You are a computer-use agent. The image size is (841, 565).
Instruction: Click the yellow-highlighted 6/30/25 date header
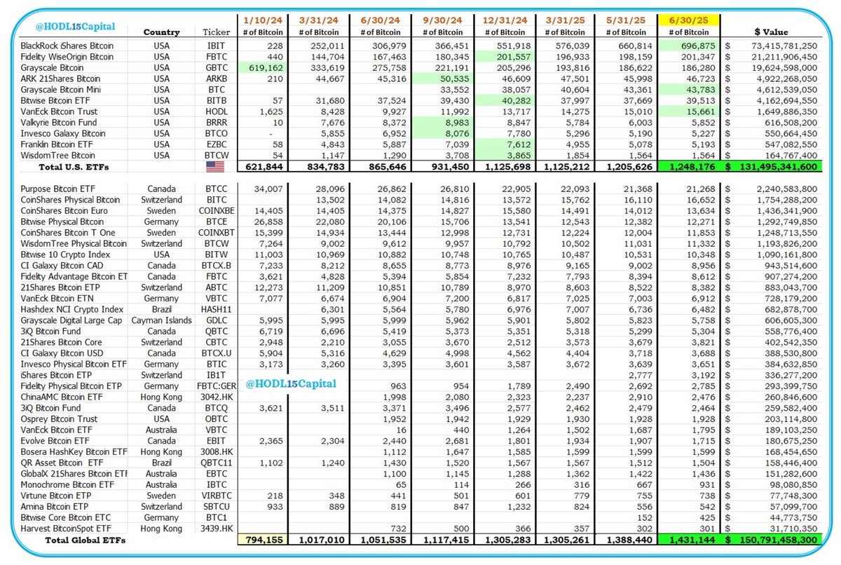tap(688, 20)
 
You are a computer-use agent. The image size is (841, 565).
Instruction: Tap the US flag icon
tap(215, 167)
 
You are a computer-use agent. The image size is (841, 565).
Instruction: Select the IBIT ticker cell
tap(216, 46)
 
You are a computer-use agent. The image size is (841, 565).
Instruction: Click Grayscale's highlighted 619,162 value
tap(266, 68)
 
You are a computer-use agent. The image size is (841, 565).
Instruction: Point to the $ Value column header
tap(771, 32)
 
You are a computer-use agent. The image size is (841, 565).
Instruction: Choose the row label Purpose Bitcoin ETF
tap(57, 189)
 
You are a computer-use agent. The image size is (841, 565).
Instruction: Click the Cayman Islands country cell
tap(161, 320)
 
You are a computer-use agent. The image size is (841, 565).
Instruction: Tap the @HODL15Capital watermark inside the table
tap(291, 383)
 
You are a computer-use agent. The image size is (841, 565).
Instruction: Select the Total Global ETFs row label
tap(86, 540)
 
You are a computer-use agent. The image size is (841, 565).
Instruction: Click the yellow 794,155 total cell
tap(264, 540)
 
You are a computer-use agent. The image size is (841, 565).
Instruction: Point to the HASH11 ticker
tap(217, 309)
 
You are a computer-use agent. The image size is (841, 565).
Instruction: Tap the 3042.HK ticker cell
tap(217, 397)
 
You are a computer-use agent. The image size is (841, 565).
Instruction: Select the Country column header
tap(161, 32)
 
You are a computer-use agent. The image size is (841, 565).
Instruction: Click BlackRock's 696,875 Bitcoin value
tap(698, 46)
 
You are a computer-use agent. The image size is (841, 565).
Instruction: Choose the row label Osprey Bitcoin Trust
tap(59, 419)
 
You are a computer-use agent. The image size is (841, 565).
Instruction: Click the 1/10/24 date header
tap(262, 20)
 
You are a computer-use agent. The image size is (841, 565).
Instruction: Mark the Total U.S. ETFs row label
tap(74, 167)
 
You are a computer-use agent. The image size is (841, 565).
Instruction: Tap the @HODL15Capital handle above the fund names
tap(75, 27)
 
